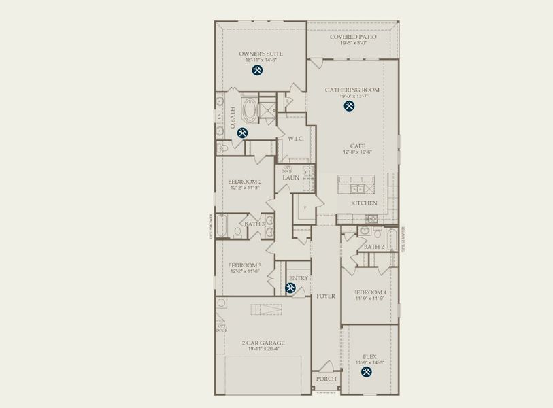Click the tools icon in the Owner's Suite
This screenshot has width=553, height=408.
click(x=258, y=70)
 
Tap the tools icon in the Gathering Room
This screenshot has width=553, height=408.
click(x=350, y=106)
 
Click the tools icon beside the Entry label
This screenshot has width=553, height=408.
click(x=290, y=289)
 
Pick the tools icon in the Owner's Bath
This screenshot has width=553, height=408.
click(x=242, y=133)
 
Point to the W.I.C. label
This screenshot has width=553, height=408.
click(x=295, y=139)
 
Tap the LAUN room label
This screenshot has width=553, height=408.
click(x=291, y=178)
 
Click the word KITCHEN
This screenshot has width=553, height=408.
click(x=364, y=203)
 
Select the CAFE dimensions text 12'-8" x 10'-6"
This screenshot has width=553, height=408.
click(x=357, y=152)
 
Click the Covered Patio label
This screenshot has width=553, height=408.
click(x=352, y=37)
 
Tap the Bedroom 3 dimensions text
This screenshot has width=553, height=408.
click(x=244, y=271)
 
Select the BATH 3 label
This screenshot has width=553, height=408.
click(x=254, y=224)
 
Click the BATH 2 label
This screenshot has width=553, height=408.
click(x=373, y=246)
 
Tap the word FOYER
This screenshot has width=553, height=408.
click(x=326, y=296)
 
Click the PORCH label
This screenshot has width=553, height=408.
click(x=326, y=379)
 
